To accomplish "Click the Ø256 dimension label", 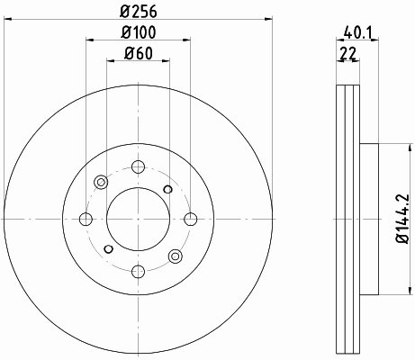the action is pos(139,12).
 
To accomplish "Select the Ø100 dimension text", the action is pos(139,32).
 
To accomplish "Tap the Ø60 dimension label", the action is pos(139,54).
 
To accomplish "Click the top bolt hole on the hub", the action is pos(139,166).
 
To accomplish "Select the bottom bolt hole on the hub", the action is pos(139,272).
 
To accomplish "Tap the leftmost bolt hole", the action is pos(86,219).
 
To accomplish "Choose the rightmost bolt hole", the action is pos(191,219).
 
